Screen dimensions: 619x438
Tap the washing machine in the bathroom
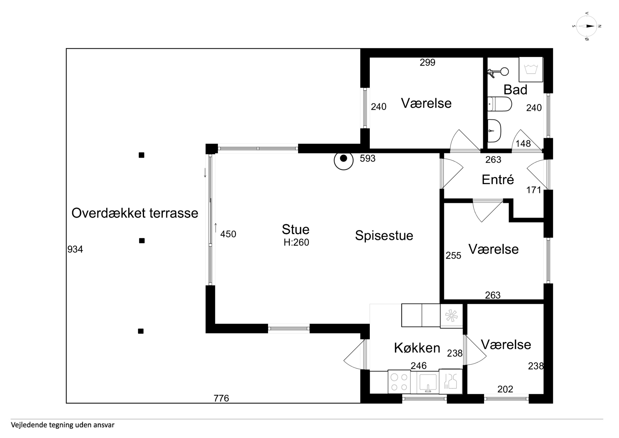pos(531,69)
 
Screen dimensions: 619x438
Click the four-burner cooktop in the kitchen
pos(399,382)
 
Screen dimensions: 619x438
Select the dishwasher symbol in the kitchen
pos(450,382)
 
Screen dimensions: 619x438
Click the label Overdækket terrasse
pos(135,213)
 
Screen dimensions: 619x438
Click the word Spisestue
pos(384,236)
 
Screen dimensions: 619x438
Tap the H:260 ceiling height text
pos(296,242)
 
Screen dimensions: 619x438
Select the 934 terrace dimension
pos(75,249)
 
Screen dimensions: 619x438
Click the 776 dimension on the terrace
pos(221,398)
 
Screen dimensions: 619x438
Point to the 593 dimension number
pos(368,158)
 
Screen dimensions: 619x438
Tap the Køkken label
pos(417,348)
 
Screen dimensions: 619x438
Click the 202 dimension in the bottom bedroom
pos(505,389)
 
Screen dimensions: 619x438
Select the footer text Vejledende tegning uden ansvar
pos(63,425)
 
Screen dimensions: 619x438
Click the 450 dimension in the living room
pos(228,234)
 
